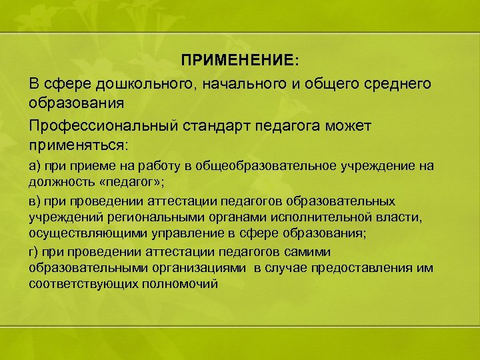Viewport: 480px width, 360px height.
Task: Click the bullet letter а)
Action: pyautogui.click(x=35, y=166)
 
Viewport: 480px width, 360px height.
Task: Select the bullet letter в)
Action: pyautogui.click(x=35, y=201)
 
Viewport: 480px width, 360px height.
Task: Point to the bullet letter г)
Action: pyautogui.click(x=34, y=251)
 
